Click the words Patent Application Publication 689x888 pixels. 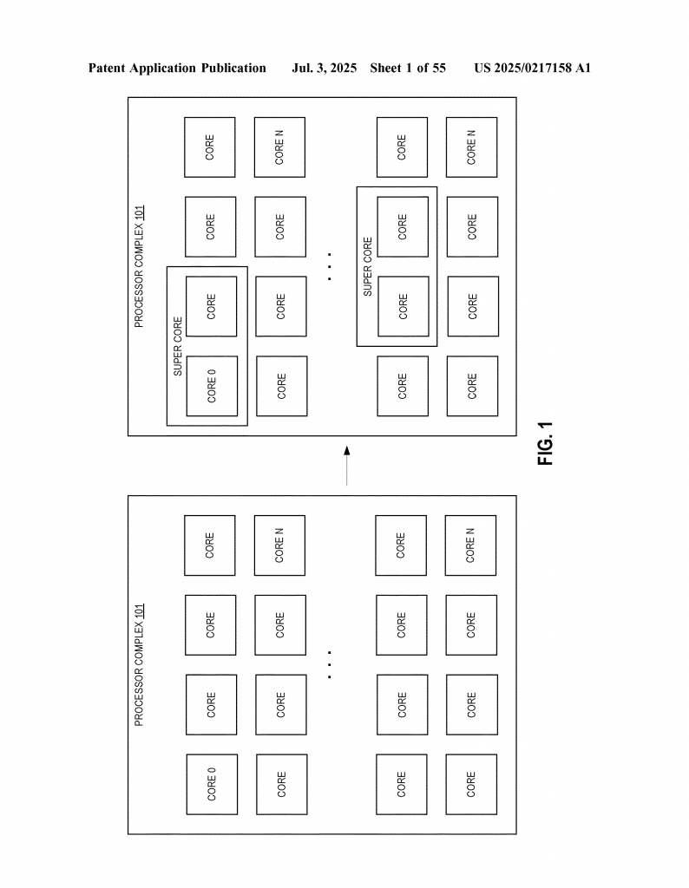pos(177,68)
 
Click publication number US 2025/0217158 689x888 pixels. pos(523,68)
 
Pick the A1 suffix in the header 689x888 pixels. pos(582,68)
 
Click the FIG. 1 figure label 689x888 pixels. pos(545,443)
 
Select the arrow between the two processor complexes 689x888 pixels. pos(346,466)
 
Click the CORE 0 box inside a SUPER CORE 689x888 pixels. pos(212,386)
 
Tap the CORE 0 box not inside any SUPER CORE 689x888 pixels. pos(212,783)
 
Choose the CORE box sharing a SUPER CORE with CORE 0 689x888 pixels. pos(212,306)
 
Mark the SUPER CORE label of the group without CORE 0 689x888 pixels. pos(367,266)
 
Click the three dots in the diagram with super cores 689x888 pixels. pos(330,266)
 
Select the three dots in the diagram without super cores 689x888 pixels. pos(330,664)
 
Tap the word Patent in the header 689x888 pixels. pos(108,68)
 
